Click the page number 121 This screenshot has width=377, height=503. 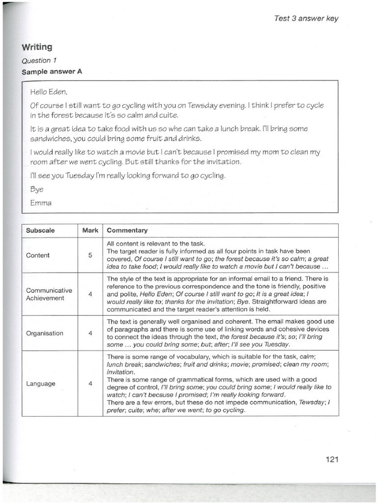[332, 459]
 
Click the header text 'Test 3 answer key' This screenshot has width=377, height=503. [306, 19]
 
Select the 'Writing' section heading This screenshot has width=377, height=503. [37, 47]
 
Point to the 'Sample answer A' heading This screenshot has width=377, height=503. [52, 71]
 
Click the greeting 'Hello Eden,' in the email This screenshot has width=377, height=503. [48, 91]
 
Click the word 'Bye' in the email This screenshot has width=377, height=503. [37, 189]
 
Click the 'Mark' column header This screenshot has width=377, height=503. [90, 230]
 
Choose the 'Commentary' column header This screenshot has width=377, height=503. [127, 230]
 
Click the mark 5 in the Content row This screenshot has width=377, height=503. [90, 255]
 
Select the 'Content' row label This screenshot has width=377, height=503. [38, 255]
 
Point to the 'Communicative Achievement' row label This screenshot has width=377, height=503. [49, 294]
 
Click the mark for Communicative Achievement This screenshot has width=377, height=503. [90, 294]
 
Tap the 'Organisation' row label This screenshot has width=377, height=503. [45, 333]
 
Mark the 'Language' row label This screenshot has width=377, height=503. [40, 384]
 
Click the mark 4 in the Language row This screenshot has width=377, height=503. [90, 384]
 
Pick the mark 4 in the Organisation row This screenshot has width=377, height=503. [90, 333]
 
